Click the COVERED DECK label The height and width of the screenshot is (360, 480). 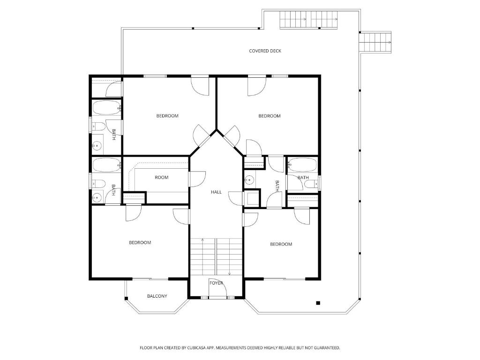pyautogui.click(x=265, y=51)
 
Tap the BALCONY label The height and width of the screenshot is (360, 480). pyautogui.click(x=157, y=296)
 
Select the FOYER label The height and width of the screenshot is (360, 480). pyautogui.click(x=216, y=283)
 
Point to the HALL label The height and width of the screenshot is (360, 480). pyautogui.click(x=216, y=192)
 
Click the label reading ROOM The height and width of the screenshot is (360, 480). pyautogui.click(x=161, y=178)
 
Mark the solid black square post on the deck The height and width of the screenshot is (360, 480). pyautogui.click(x=318, y=303)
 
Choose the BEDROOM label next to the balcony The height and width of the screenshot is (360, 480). pyautogui.click(x=140, y=243)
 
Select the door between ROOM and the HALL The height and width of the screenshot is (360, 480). pyautogui.click(x=197, y=179)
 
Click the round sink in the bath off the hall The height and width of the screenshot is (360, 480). pyautogui.click(x=250, y=180)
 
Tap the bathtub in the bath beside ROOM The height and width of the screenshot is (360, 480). pyautogui.click(x=107, y=165)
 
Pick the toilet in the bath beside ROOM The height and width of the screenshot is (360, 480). pyautogui.click(x=98, y=184)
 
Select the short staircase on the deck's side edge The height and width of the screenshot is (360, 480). pyautogui.click(x=375, y=42)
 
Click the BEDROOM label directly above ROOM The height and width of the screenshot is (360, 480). pyautogui.click(x=167, y=116)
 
